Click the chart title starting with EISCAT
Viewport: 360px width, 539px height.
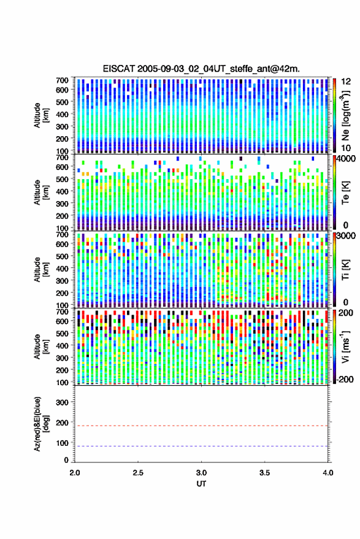click(x=201, y=69)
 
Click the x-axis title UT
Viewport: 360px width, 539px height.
click(x=201, y=484)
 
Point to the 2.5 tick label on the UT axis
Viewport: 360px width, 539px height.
click(x=138, y=473)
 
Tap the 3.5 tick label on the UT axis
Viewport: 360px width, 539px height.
click(x=264, y=473)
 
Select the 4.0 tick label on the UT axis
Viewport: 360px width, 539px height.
click(x=327, y=473)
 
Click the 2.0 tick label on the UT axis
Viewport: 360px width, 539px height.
click(x=75, y=473)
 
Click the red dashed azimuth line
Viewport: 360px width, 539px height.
click(x=201, y=426)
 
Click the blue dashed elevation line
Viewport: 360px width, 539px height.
click(x=201, y=446)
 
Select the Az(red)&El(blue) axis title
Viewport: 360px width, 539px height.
click(x=41, y=424)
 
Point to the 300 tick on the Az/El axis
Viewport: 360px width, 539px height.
click(x=62, y=402)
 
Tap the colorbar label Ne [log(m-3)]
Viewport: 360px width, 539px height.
click(x=345, y=115)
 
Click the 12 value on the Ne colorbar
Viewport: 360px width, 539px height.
click(x=346, y=82)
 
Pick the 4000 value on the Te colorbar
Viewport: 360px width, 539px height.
click(x=345, y=159)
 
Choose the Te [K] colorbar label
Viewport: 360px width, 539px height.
click(x=345, y=193)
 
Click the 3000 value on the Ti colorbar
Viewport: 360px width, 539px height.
click(x=345, y=236)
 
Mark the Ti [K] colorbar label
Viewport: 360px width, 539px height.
click(x=345, y=270)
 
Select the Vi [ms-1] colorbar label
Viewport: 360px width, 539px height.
click(x=345, y=346)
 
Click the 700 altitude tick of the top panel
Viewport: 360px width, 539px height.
click(x=62, y=80)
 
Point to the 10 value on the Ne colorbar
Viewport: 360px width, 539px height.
click(x=346, y=148)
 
